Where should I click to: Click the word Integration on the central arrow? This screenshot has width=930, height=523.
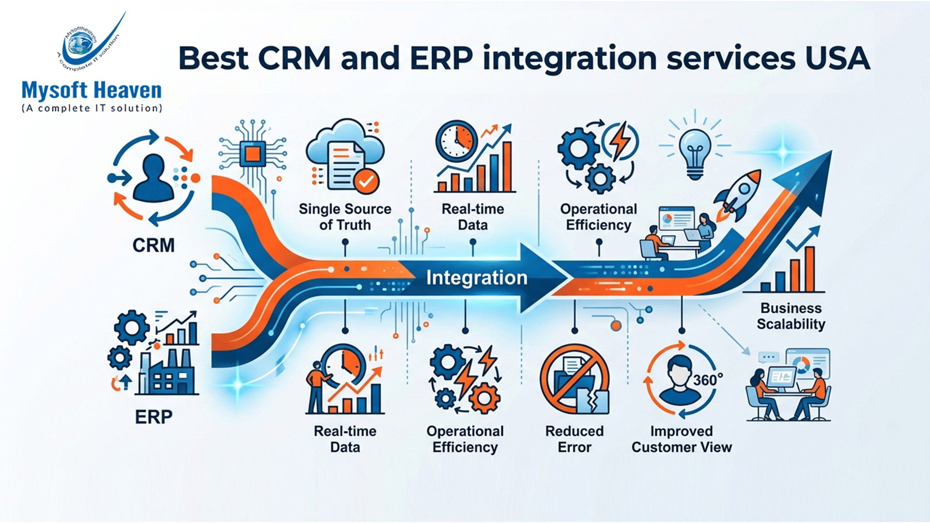coord(477,278)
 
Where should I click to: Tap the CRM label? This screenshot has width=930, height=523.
coord(154,246)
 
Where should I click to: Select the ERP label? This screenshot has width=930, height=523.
coord(154,417)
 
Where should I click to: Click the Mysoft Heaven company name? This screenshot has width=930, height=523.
coord(92,91)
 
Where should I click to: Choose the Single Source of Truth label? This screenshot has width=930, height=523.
coord(345,217)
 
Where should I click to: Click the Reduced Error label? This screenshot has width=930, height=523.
coord(574,439)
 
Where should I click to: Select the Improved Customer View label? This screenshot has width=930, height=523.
coord(682,439)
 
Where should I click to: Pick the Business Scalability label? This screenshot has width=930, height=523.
coord(791,316)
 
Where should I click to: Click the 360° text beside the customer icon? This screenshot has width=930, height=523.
coord(708,380)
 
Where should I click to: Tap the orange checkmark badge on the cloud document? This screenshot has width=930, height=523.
coord(366,182)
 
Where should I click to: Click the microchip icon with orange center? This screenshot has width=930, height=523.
coord(252,154)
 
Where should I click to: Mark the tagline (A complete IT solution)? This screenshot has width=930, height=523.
coord(92,108)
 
